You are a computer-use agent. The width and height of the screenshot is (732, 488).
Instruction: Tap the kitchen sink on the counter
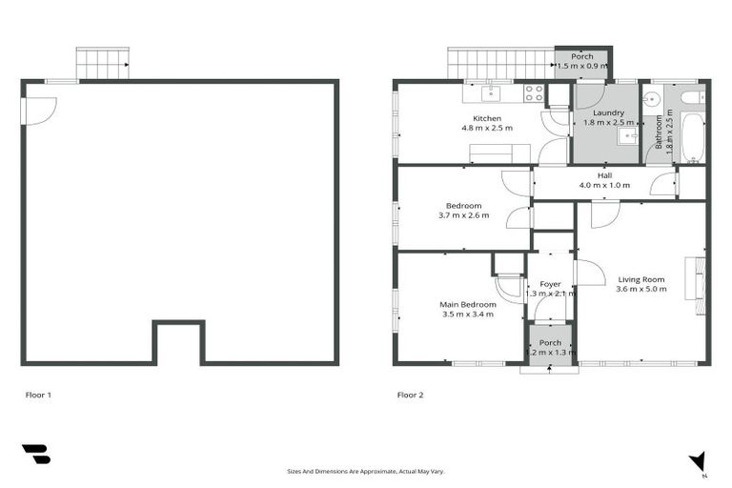[x=491, y=92]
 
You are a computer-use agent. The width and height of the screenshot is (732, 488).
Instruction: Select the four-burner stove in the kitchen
[x=534, y=93]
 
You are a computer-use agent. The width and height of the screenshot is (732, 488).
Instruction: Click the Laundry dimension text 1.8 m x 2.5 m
[x=607, y=122]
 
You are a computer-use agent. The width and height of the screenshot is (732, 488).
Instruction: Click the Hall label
[x=604, y=175]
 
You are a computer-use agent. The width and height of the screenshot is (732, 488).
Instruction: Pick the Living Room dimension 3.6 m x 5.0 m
[x=640, y=289]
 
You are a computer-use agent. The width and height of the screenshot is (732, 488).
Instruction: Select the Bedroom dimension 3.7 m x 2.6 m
[x=463, y=215]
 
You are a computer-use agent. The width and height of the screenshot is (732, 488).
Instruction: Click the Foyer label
[x=550, y=284]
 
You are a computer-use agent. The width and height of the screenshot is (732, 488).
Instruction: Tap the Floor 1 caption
[x=37, y=394]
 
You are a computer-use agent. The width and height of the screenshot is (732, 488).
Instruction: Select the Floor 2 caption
[x=410, y=394]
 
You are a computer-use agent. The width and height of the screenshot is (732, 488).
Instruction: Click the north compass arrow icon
[x=699, y=460]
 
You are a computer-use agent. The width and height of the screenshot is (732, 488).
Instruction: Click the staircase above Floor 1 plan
[x=102, y=64]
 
